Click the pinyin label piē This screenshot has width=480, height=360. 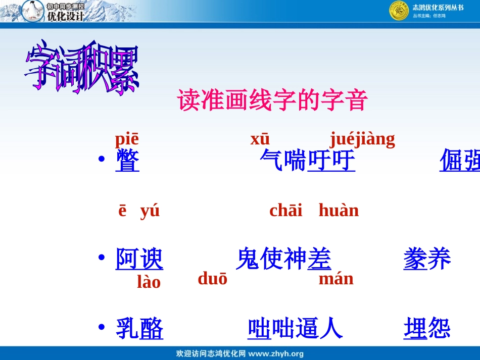[x=126, y=139]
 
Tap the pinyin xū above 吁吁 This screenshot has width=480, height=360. [x=260, y=139]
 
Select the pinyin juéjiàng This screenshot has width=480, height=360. [x=362, y=139]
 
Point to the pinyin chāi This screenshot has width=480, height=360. [x=286, y=210]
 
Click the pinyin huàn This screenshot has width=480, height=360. [x=339, y=210]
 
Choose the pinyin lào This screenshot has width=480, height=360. [x=149, y=282]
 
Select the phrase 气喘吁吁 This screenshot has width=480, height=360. [x=307, y=160]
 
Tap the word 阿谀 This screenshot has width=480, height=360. [x=139, y=260]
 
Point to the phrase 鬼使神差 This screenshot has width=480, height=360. [x=283, y=260]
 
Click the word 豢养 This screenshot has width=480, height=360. [x=427, y=260]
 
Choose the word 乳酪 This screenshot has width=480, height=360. [x=139, y=329]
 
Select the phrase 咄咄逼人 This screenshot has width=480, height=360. [x=295, y=329]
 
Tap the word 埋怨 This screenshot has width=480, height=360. [x=427, y=329]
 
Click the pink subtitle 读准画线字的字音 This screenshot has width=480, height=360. [x=272, y=100]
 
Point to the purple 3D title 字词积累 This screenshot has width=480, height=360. [x=82, y=69]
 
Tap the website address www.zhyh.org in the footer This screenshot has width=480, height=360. [x=276, y=354]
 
